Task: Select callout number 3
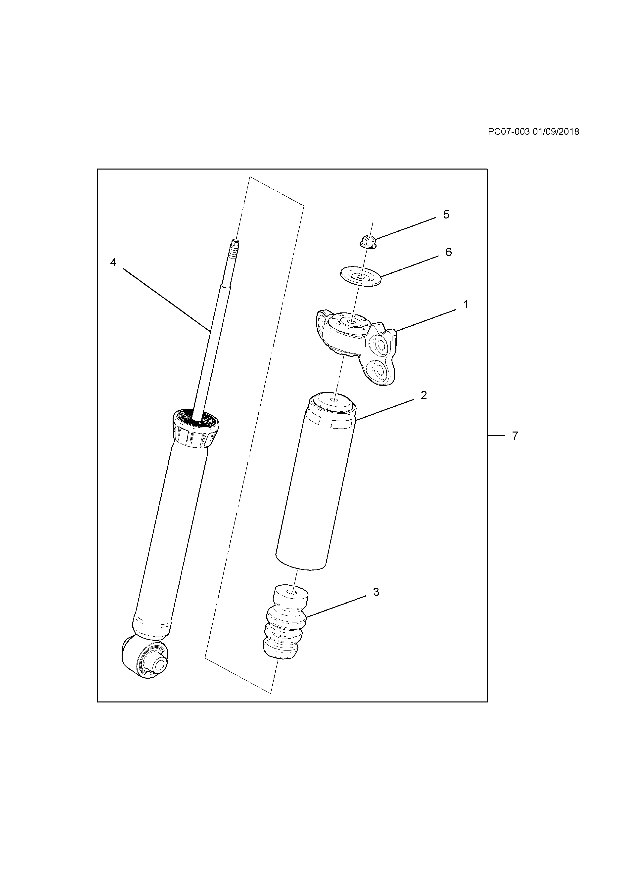click(x=376, y=592)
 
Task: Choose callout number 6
click(x=448, y=252)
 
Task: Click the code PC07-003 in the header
click(x=508, y=132)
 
